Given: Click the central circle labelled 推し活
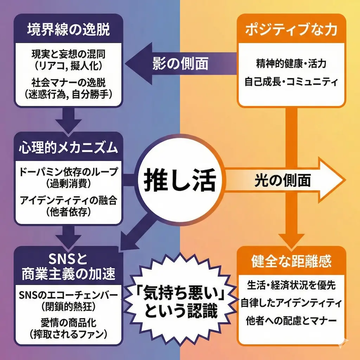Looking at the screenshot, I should [180, 180].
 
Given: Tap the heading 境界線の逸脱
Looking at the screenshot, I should [68, 30].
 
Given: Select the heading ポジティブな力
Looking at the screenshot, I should [291, 30].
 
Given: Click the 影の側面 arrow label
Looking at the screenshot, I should [180, 64].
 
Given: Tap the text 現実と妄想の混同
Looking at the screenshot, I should [68, 54].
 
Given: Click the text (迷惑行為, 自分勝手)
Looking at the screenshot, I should [68, 94].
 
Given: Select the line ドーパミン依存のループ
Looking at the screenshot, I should [68, 173].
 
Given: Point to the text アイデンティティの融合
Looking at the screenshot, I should [68, 201].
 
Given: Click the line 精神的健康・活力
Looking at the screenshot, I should [291, 64].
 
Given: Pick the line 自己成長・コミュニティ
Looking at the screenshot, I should [291, 83].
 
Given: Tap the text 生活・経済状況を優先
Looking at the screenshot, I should [291, 285].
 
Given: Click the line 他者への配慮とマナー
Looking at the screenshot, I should [291, 321].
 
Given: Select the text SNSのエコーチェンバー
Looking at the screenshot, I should [68, 294].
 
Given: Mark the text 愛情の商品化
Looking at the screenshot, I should [68, 322].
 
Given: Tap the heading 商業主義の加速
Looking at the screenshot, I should [68, 273].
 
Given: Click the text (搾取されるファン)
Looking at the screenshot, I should [68, 332].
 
